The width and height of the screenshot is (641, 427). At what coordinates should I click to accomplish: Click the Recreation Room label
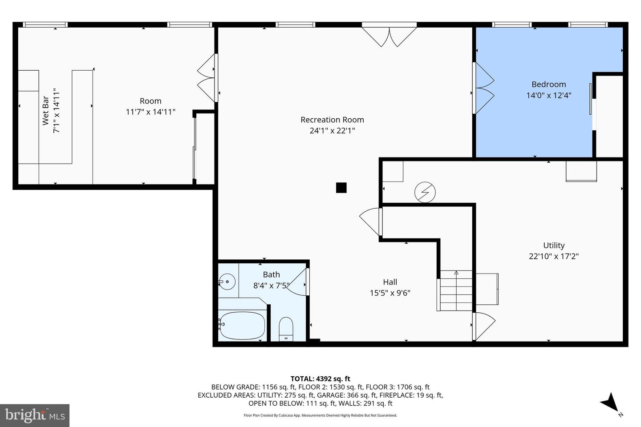pyautogui.click(x=332, y=120)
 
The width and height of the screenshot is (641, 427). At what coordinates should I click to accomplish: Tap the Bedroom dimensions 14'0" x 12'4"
pyautogui.click(x=549, y=95)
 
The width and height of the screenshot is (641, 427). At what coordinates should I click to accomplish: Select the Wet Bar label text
pyautogui.click(x=45, y=111)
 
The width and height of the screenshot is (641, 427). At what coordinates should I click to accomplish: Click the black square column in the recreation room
pyautogui.click(x=341, y=188)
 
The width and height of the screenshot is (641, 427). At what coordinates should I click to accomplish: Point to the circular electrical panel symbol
pyautogui.click(x=425, y=192)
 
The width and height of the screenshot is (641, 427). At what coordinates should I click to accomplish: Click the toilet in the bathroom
pyautogui.click(x=286, y=329)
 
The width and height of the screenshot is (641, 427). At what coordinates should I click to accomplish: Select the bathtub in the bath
pyautogui.click(x=242, y=326)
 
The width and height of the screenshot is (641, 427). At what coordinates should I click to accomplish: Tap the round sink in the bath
pyautogui.click(x=227, y=282)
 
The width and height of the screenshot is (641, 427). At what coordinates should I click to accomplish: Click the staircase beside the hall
pyautogui.click(x=454, y=290)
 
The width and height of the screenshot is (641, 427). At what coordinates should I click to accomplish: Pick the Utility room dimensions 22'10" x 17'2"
pyautogui.click(x=554, y=256)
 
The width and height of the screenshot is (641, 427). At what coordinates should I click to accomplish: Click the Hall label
pyautogui.click(x=390, y=282)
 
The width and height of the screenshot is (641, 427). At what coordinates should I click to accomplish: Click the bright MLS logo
pyautogui.click(x=35, y=415)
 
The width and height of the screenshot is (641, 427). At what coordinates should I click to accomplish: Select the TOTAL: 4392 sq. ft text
pyautogui.click(x=320, y=379)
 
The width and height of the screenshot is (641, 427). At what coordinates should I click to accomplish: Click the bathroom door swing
pyautogui.click(x=298, y=282)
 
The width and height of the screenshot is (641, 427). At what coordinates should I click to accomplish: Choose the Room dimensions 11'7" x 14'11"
pyautogui.click(x=150, y=112)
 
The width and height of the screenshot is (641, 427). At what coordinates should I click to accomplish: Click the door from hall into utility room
pyautogui.click(x=483, y=326)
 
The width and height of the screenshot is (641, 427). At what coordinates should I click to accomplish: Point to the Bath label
pyautogui.click(x=271, y=274)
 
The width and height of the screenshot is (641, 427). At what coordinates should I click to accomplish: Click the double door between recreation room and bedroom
pyautogui.click(x=483, y=88)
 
